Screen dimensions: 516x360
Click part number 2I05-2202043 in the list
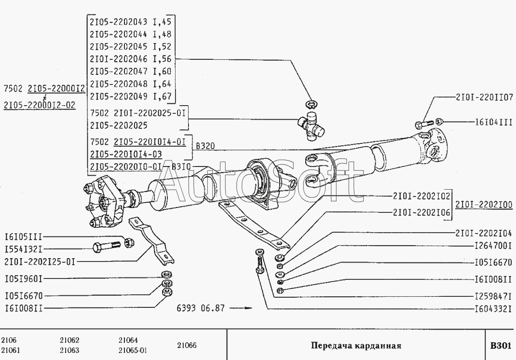119,22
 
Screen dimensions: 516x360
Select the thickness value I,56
162,59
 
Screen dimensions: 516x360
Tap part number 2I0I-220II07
484,97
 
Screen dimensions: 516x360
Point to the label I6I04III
494,122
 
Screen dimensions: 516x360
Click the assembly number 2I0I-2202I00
484,205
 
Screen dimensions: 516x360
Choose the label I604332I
493,309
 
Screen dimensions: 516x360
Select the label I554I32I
24,249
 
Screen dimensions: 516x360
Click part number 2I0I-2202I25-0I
40,262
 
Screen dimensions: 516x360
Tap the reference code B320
205,146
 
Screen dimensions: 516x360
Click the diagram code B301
501,346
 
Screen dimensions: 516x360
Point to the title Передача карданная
356,346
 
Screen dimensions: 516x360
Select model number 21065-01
133,350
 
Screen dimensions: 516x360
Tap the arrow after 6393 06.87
241,308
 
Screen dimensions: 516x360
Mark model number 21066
187,345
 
